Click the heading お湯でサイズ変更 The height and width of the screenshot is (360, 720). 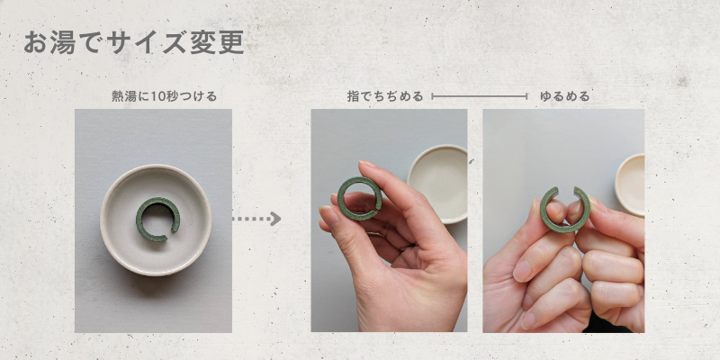[133, 43]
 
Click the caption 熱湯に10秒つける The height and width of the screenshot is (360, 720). [164, 97]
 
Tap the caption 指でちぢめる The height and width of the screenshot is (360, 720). [385, 97]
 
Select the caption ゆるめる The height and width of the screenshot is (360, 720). [564, 97]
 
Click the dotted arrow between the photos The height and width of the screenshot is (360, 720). [256, 219]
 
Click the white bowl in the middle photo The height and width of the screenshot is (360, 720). [437, 184]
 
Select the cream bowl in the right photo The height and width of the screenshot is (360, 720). [631, 184]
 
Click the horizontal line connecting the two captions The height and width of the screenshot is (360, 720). [480, 96]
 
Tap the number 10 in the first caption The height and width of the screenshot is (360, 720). [157, 97]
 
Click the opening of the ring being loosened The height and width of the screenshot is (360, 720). [566, 191]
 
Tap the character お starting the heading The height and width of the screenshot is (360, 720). [35, 43]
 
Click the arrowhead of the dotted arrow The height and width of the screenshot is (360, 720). [275, 219]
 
